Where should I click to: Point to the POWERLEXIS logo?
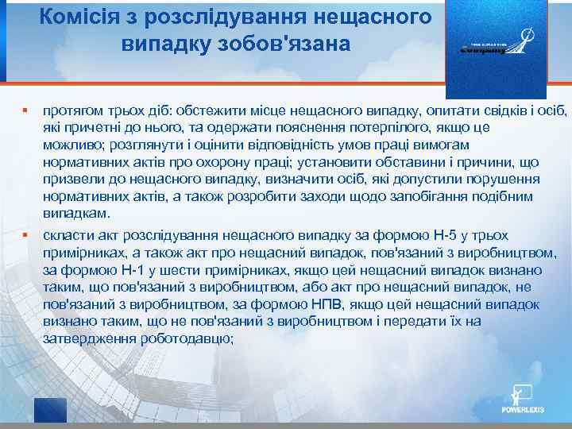521,400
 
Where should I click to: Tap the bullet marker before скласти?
25,235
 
